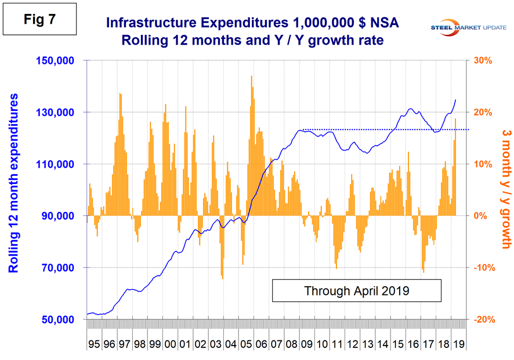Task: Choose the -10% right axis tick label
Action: pyautogui.click(x=486, y=268)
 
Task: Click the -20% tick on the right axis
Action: pyautogui.click(x=486, y=320)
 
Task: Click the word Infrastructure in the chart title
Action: pyautogui.click(x=146, y=23)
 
